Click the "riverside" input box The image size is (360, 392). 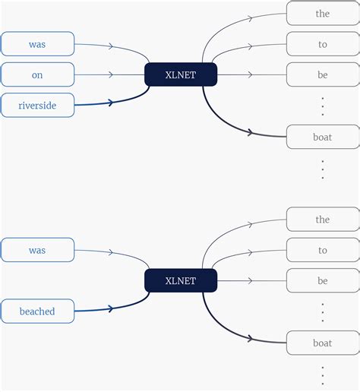[x=37, y=105]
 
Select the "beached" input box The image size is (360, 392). [x=37, y=311]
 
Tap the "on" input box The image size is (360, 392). [x=37, y=74]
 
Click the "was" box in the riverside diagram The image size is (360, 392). [x=37, y=44]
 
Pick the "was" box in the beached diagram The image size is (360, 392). [x=37, y=250]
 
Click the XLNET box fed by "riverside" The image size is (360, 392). [x=181, y=74]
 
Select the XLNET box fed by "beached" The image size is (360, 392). [x=181, y=280]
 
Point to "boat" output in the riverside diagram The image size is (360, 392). [x=322, y=137]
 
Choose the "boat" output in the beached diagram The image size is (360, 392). [x=322, y=343]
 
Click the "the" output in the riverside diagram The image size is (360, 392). [x=322, y=14]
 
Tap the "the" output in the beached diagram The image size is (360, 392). [x=322, y=220]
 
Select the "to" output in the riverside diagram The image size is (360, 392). [x=322, y=44]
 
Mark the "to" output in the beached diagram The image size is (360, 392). [x=322, y=250]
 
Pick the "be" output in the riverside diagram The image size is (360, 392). [x=322, y=74]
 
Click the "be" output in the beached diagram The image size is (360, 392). [x=322, y=280]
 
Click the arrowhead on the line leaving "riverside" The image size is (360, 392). [x=111, y=103]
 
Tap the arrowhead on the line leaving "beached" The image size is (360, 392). [x=111, y=308]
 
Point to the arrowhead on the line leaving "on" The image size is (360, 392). [x=111, y=74]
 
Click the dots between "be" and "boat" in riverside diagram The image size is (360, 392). [x=322, y=106]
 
